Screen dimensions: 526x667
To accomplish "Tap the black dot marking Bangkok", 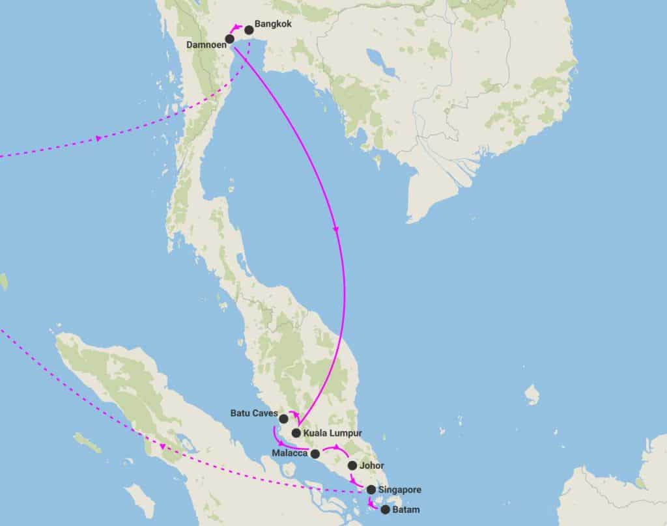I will pos(249,30).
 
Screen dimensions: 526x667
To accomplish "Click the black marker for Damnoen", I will pos(230,39).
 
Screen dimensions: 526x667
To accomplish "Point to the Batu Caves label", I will pos(254,413).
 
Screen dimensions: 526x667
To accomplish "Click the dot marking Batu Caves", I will pos(283,418).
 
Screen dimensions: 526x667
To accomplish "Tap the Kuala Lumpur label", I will pos(332,432).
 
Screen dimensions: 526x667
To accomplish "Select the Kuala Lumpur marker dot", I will pos(296,433).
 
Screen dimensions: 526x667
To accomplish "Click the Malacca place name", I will pos(291,454).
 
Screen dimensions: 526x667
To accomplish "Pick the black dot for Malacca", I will pos(315,454).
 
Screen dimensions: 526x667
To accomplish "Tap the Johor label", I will pos(371,465).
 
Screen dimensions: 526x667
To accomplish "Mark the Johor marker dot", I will pos(352,465).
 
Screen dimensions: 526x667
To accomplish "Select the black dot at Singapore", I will pos(371,490).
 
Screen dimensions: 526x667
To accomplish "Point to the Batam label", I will pos(406,510).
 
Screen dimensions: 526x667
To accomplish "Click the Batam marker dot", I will pos(386,510).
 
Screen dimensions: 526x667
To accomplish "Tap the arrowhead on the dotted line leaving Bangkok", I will pos(98,138).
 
